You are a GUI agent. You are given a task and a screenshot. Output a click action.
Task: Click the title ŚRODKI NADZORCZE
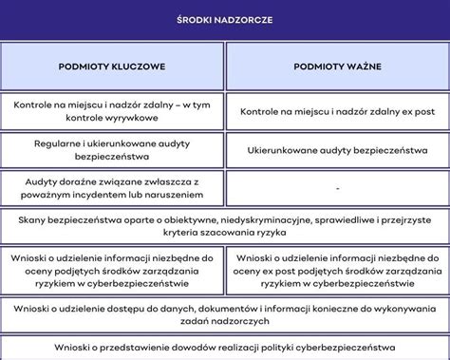click(x=224, y=20)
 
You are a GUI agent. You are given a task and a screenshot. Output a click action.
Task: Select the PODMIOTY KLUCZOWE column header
click(x=112, y=69)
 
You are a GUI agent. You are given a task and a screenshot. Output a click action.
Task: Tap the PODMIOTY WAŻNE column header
click(x=337, y=69)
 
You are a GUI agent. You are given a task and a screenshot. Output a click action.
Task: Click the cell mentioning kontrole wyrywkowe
click(x=112, y=113)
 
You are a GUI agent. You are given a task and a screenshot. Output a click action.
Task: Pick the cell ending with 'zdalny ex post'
click(x=337, y=113)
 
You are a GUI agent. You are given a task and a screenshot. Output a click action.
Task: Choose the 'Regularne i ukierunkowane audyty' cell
click(x=112, y=150)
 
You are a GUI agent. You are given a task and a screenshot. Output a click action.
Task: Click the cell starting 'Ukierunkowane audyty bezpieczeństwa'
click(x=337, y=150)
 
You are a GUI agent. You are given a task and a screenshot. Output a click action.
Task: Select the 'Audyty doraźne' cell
click(x=112, y=188)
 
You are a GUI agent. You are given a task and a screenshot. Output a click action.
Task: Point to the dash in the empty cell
click(x=337, y=189)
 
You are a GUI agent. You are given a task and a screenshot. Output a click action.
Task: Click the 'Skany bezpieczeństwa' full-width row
click(x=224, y=226)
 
